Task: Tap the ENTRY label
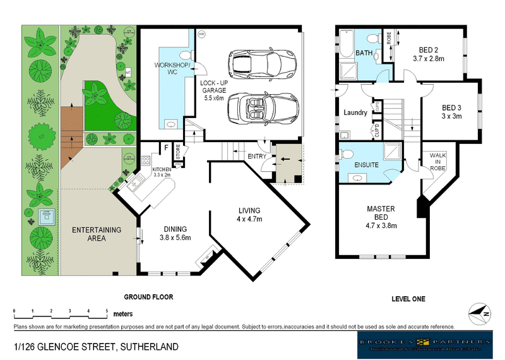[256, 156]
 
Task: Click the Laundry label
[355, 112]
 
